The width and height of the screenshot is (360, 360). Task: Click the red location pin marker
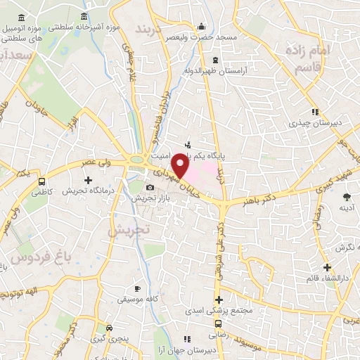(181, 165)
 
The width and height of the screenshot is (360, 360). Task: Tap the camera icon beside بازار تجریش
(150, 188)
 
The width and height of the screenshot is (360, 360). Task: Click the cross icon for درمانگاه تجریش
(88, 181)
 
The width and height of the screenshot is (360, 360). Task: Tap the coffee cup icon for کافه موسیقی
(138, 288)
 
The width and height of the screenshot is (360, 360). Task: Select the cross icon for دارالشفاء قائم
(327, 267)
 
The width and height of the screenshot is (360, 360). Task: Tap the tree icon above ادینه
(346, 197)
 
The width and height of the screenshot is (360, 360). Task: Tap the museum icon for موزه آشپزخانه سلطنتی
(84, 16)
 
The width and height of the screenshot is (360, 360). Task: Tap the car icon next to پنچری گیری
(109, 328)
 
